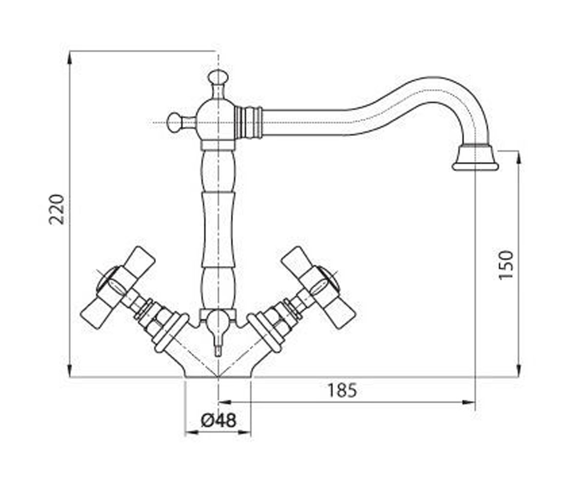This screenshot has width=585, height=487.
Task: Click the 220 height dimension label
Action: coord(57,209)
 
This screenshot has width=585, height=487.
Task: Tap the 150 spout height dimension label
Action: coord(506,265)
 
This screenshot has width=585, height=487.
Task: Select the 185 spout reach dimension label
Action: coord(342,390)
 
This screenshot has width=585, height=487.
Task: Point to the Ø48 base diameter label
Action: coord(218,420)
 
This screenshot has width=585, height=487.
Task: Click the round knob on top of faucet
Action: coord(218,76)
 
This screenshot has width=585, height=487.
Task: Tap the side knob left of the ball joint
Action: coord(174,123)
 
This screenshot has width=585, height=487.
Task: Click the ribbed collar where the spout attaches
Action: coord(249,123)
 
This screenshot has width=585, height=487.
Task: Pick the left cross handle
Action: coord(117,288)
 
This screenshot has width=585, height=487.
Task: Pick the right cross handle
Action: coord(318,288)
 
